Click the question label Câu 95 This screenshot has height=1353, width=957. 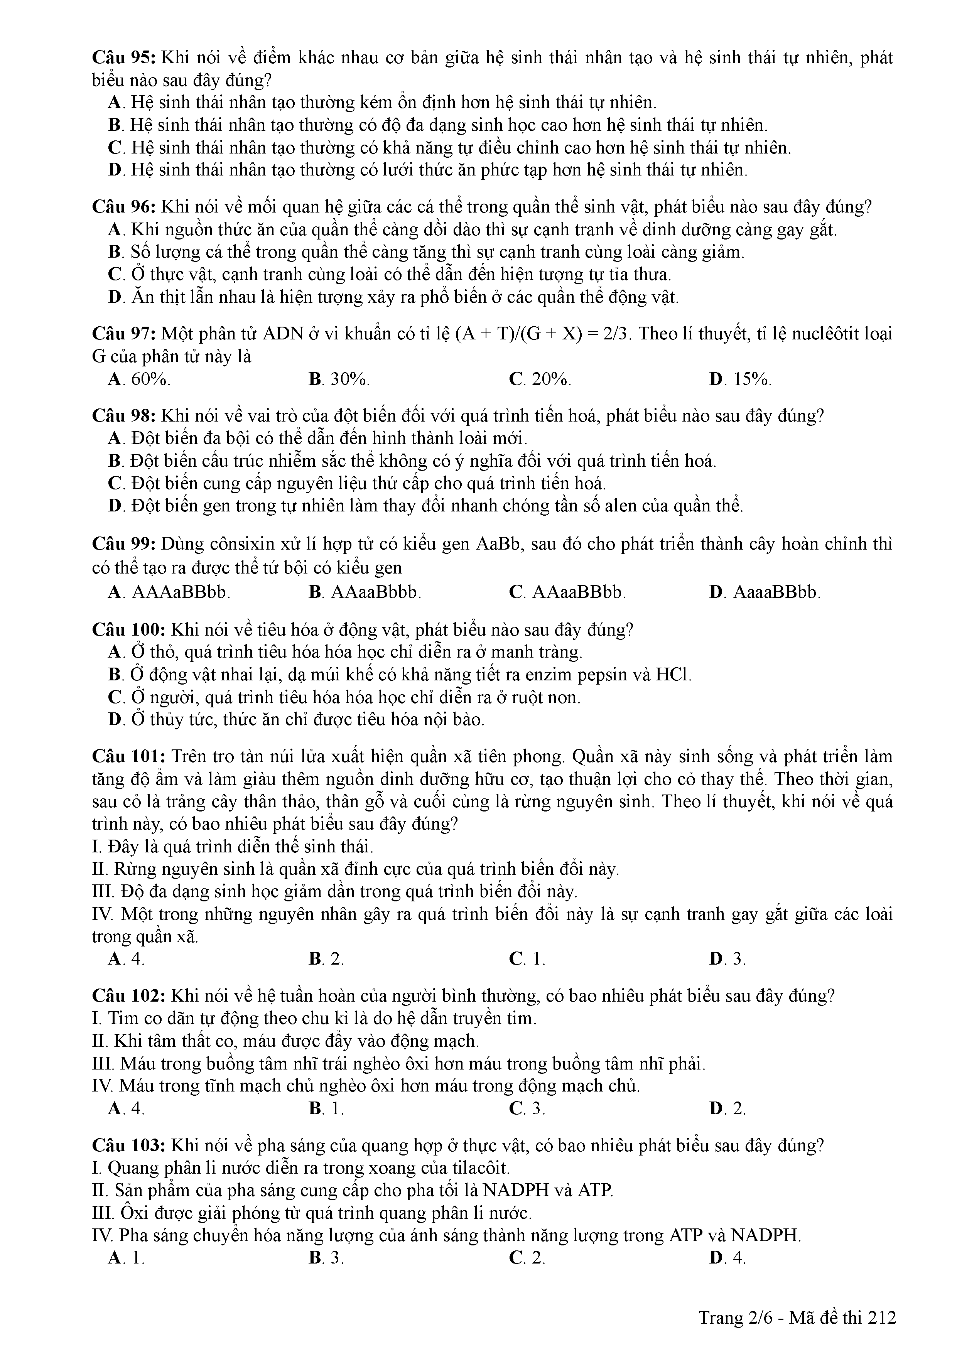click(x=123, y=58)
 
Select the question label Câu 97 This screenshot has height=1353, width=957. click(x=123, y=334)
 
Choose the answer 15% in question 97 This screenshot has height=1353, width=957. click(x=752, y=380)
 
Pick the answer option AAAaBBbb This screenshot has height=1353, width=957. click(x=180, y=592)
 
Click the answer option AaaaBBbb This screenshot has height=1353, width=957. click(x=776, y=592)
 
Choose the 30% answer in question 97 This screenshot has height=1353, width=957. click(x=350, y=380)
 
